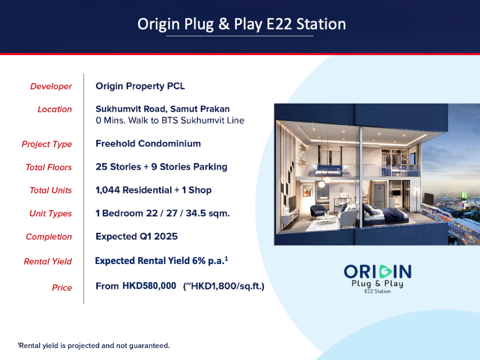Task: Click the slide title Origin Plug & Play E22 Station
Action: click(x=241, y=24)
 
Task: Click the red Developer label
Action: click(x=51, y=86)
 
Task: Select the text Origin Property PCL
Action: click(x=140, y=86)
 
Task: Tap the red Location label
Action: click(x=55, y=109)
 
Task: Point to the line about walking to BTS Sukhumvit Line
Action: click(x=170, y=120)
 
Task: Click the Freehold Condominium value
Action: click(x=148, y=144)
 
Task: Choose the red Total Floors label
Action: click(x=48, y=167)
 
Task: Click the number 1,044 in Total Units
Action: click(x=108, y=190)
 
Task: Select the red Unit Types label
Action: click(x=50, y=214)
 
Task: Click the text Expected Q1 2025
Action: click(x=136, y=236)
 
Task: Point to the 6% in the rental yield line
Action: click(x=199, y=261)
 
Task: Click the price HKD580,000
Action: click(x=149, y=286)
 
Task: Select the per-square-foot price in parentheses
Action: click(x=224, y=286)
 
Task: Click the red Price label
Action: click(x=62, y=288)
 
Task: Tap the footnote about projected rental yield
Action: click(x=94, y=346)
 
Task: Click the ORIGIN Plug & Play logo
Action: click(x=377, y=279)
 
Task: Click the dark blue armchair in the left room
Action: click(x=319, y=212)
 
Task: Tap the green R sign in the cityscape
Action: click(x=464, y=195)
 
